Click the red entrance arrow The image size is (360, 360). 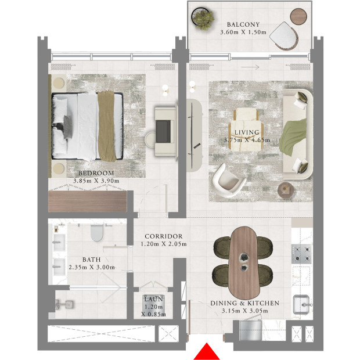[207, 352]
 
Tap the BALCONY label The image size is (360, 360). [243, 24]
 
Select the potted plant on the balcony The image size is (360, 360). [203, 19]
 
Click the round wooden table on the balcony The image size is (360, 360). [298, 16]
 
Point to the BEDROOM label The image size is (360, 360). [96, 173]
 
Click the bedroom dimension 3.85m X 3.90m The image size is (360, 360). [96, 181]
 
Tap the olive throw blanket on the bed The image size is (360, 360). [106, 126]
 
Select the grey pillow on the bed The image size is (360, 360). [67, 127]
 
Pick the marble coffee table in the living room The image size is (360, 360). [246, 129]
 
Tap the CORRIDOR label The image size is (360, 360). [164, 236]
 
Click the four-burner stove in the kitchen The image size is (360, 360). [302, 254]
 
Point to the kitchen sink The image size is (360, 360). [302, 305]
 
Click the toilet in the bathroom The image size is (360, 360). [97, 233]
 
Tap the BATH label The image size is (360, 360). [92, 260]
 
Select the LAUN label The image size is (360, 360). [153, 299]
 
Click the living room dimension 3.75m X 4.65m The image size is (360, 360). [247, 140]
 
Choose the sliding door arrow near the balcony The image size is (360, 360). [250, 67]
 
